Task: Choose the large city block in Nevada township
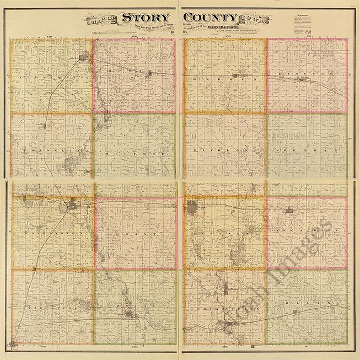coord(193,208)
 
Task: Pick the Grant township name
coord(135,234)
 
